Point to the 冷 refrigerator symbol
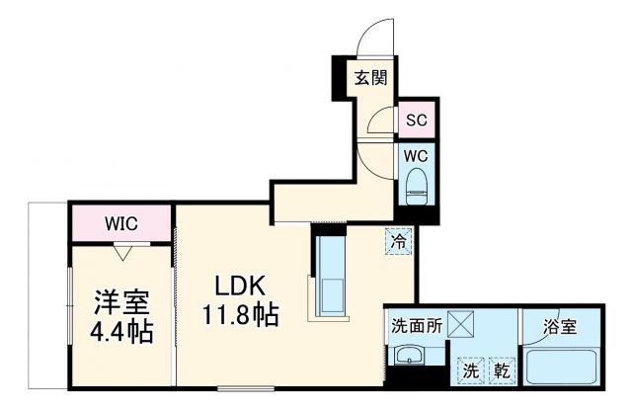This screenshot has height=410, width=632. (399, 239)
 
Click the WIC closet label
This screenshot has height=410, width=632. (120, 223)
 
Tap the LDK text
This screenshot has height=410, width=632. (241, 286)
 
